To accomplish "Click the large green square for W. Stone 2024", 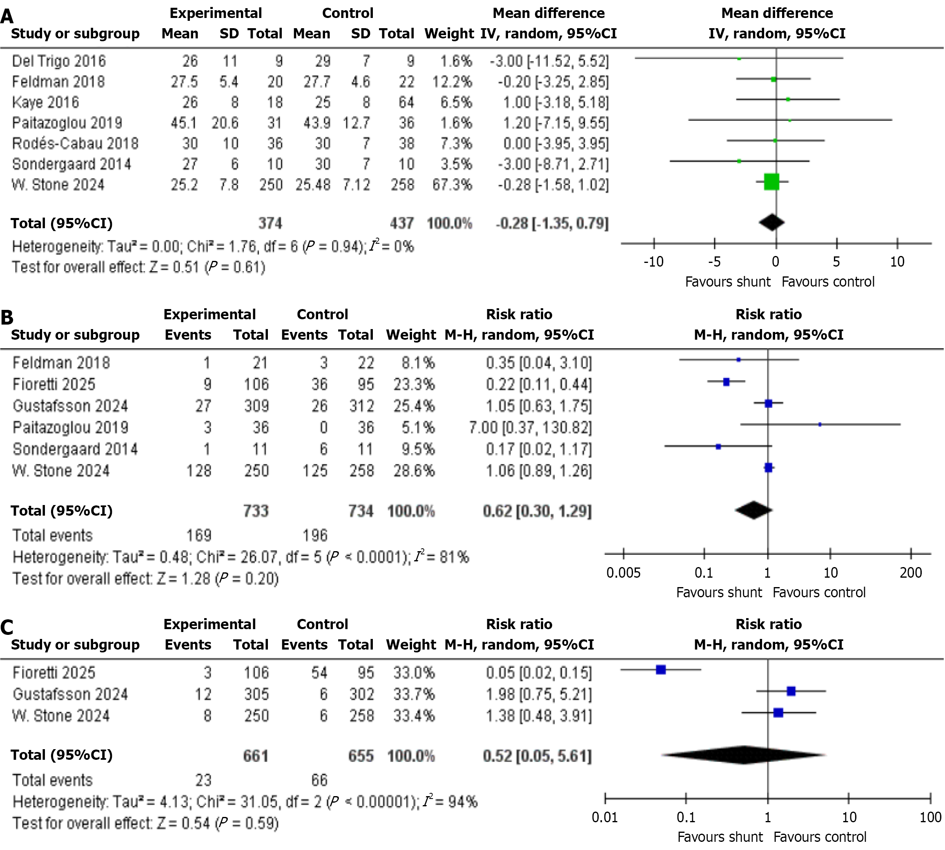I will [x=772, y=182].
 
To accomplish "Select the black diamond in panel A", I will [x=772, y=223].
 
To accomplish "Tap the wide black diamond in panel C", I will [x=744, y=755].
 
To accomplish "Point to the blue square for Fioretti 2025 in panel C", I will [x=660, y=670].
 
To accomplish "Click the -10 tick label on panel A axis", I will [x=653, y=262].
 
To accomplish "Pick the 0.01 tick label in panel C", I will [x=604, y=817].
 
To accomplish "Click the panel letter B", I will [x=7, y=318].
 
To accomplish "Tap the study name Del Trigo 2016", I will [x=59, y=61].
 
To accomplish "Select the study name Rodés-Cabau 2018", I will [x=75, y=143].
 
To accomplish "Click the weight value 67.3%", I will [x=452, y=185].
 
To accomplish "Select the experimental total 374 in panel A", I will [x=270, y=223].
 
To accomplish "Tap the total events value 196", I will [x=315, y=535].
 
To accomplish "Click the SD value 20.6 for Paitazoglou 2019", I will [x=225, y=123].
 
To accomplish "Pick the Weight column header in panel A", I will [x=449, y=33].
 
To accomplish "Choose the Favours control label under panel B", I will [x=819, y=592].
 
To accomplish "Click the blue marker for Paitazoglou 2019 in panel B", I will [x=820, y=425].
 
